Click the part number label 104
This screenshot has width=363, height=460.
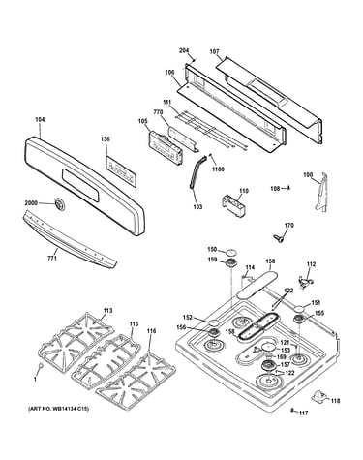pos(40,120)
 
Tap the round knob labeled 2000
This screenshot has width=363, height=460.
pos(59,204)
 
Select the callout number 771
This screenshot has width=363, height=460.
pos(52,259)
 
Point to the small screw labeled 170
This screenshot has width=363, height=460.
pos(277,238)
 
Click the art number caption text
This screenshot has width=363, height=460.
pos(58,409)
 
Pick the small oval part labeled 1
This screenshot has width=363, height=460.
pos(41,365)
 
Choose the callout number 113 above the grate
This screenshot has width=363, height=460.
pos(108,311)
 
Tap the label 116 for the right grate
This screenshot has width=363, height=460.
pos(151,331)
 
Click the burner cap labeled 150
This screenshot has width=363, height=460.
pos(231,252)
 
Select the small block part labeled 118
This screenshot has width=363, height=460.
pos(318,396)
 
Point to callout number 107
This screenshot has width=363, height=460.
pos(214,51)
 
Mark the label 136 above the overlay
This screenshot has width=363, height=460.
pos(106,139)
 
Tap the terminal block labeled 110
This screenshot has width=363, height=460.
pos(233,205)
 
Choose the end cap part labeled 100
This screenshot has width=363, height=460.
pos(320,192)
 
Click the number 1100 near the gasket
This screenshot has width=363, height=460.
pos(218,169)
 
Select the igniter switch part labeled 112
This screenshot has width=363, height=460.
pos(306,281)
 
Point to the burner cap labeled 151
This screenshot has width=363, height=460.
pos(298,309)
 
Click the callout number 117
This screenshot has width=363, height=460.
pos(303,413)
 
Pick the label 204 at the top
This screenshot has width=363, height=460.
pos(184,50)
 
